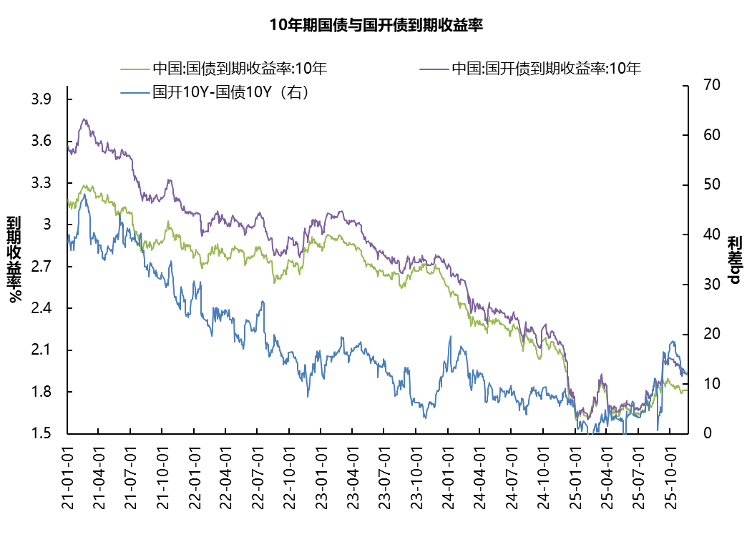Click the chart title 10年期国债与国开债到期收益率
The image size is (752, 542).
point(376,26)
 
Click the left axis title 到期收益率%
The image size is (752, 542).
point(14,259)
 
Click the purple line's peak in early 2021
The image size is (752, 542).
point(84,119)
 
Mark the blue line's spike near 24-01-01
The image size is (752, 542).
point(450,336)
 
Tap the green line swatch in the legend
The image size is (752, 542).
point(135,69)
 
